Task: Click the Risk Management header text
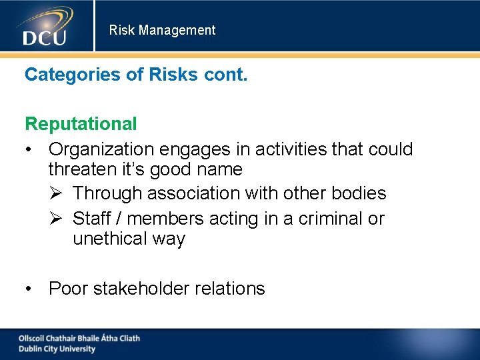162,30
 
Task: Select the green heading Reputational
81,123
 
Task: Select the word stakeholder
141,289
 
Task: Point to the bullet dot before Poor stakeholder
29,289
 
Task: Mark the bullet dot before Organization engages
29,149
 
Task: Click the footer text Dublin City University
57,349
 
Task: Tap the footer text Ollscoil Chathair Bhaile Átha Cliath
79,338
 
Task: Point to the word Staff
90,218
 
